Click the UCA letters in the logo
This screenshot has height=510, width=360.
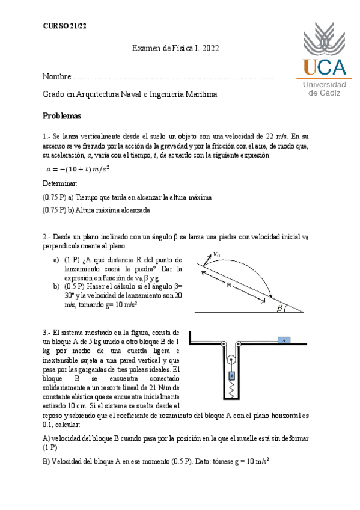[324, 66]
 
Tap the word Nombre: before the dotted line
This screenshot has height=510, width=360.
[56, 78]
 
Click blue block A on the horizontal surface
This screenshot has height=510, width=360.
[282, 340]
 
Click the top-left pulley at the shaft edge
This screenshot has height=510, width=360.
[224, 345]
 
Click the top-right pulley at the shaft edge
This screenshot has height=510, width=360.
[237, 345]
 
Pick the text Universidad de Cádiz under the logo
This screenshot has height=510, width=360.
[324, 89]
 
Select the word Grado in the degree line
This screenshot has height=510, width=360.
[53, 94]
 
